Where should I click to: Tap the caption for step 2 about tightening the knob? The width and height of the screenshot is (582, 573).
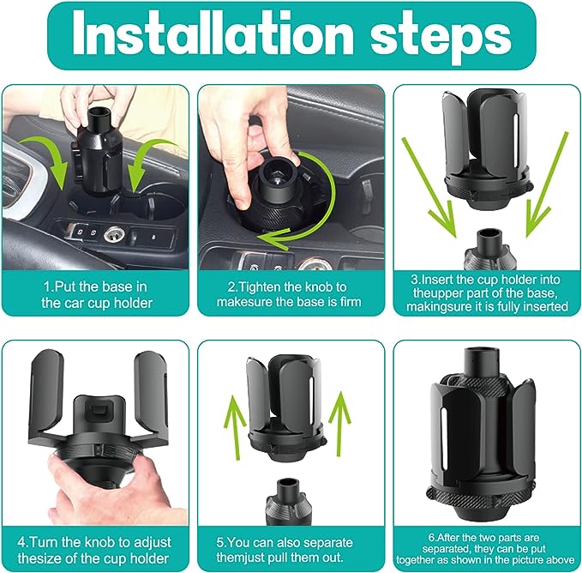[291, 294]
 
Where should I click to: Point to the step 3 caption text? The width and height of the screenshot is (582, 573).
[484, 294]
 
